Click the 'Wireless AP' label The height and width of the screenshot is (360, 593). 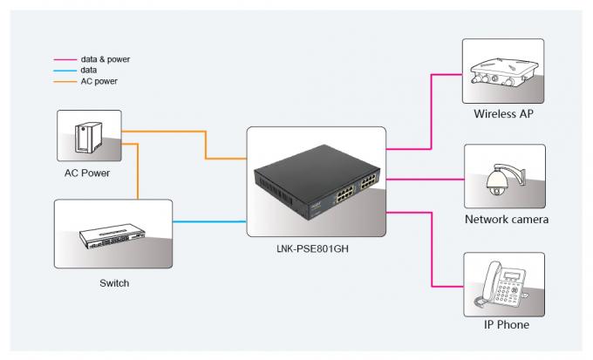(x=503, y=114)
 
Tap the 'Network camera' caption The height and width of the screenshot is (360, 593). (x=507, y=220)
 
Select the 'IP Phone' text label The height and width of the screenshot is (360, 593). (x=507, y=324)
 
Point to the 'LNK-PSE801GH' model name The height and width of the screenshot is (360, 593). (x=312, y=248)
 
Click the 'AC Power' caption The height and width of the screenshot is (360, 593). (x=87, y=173)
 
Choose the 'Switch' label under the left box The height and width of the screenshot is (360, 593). (x=114, y=283)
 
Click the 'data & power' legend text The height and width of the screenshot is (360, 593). (x=106, y=59)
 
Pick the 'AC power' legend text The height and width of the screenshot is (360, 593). (x=99, y=81)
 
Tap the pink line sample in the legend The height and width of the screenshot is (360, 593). (x=65, y=60)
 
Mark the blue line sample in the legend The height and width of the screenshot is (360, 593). (x=65, y=71)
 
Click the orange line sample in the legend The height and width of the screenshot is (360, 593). (x=65, y=82)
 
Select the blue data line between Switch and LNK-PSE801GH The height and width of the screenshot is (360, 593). (x=209, y=221)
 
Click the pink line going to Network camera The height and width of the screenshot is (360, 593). (x=425, y=180)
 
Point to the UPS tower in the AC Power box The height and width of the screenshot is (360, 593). (x=88, y=137)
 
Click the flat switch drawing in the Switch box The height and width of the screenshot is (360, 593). (x=112, y=235)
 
